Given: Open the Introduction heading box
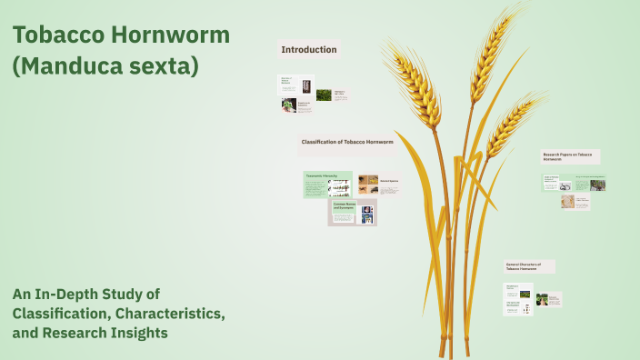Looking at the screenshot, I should [309, 50].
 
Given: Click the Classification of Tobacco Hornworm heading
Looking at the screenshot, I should [347, 143].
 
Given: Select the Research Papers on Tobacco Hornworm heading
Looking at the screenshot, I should [570, 156].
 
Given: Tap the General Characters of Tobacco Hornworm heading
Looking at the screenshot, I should [529, 266].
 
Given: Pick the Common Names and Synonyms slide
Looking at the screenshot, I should [352, 213].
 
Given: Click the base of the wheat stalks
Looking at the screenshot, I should [450, 345].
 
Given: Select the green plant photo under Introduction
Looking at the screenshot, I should [324, 95].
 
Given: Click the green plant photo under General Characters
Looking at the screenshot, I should [542, 299].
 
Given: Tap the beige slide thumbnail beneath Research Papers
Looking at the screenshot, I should [575, 202].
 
